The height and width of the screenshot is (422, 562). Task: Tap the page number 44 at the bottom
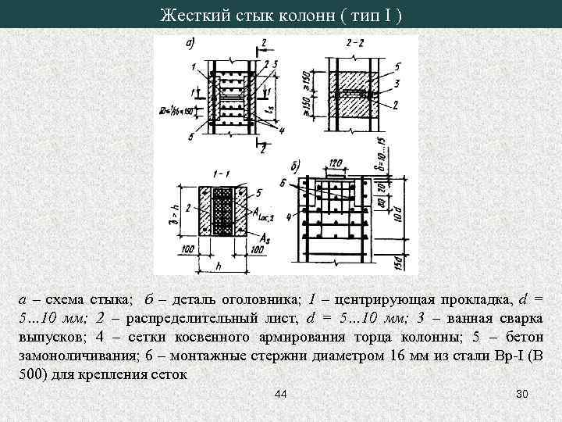pos(281,393)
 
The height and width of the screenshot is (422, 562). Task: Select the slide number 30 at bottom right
pos(523,393)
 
